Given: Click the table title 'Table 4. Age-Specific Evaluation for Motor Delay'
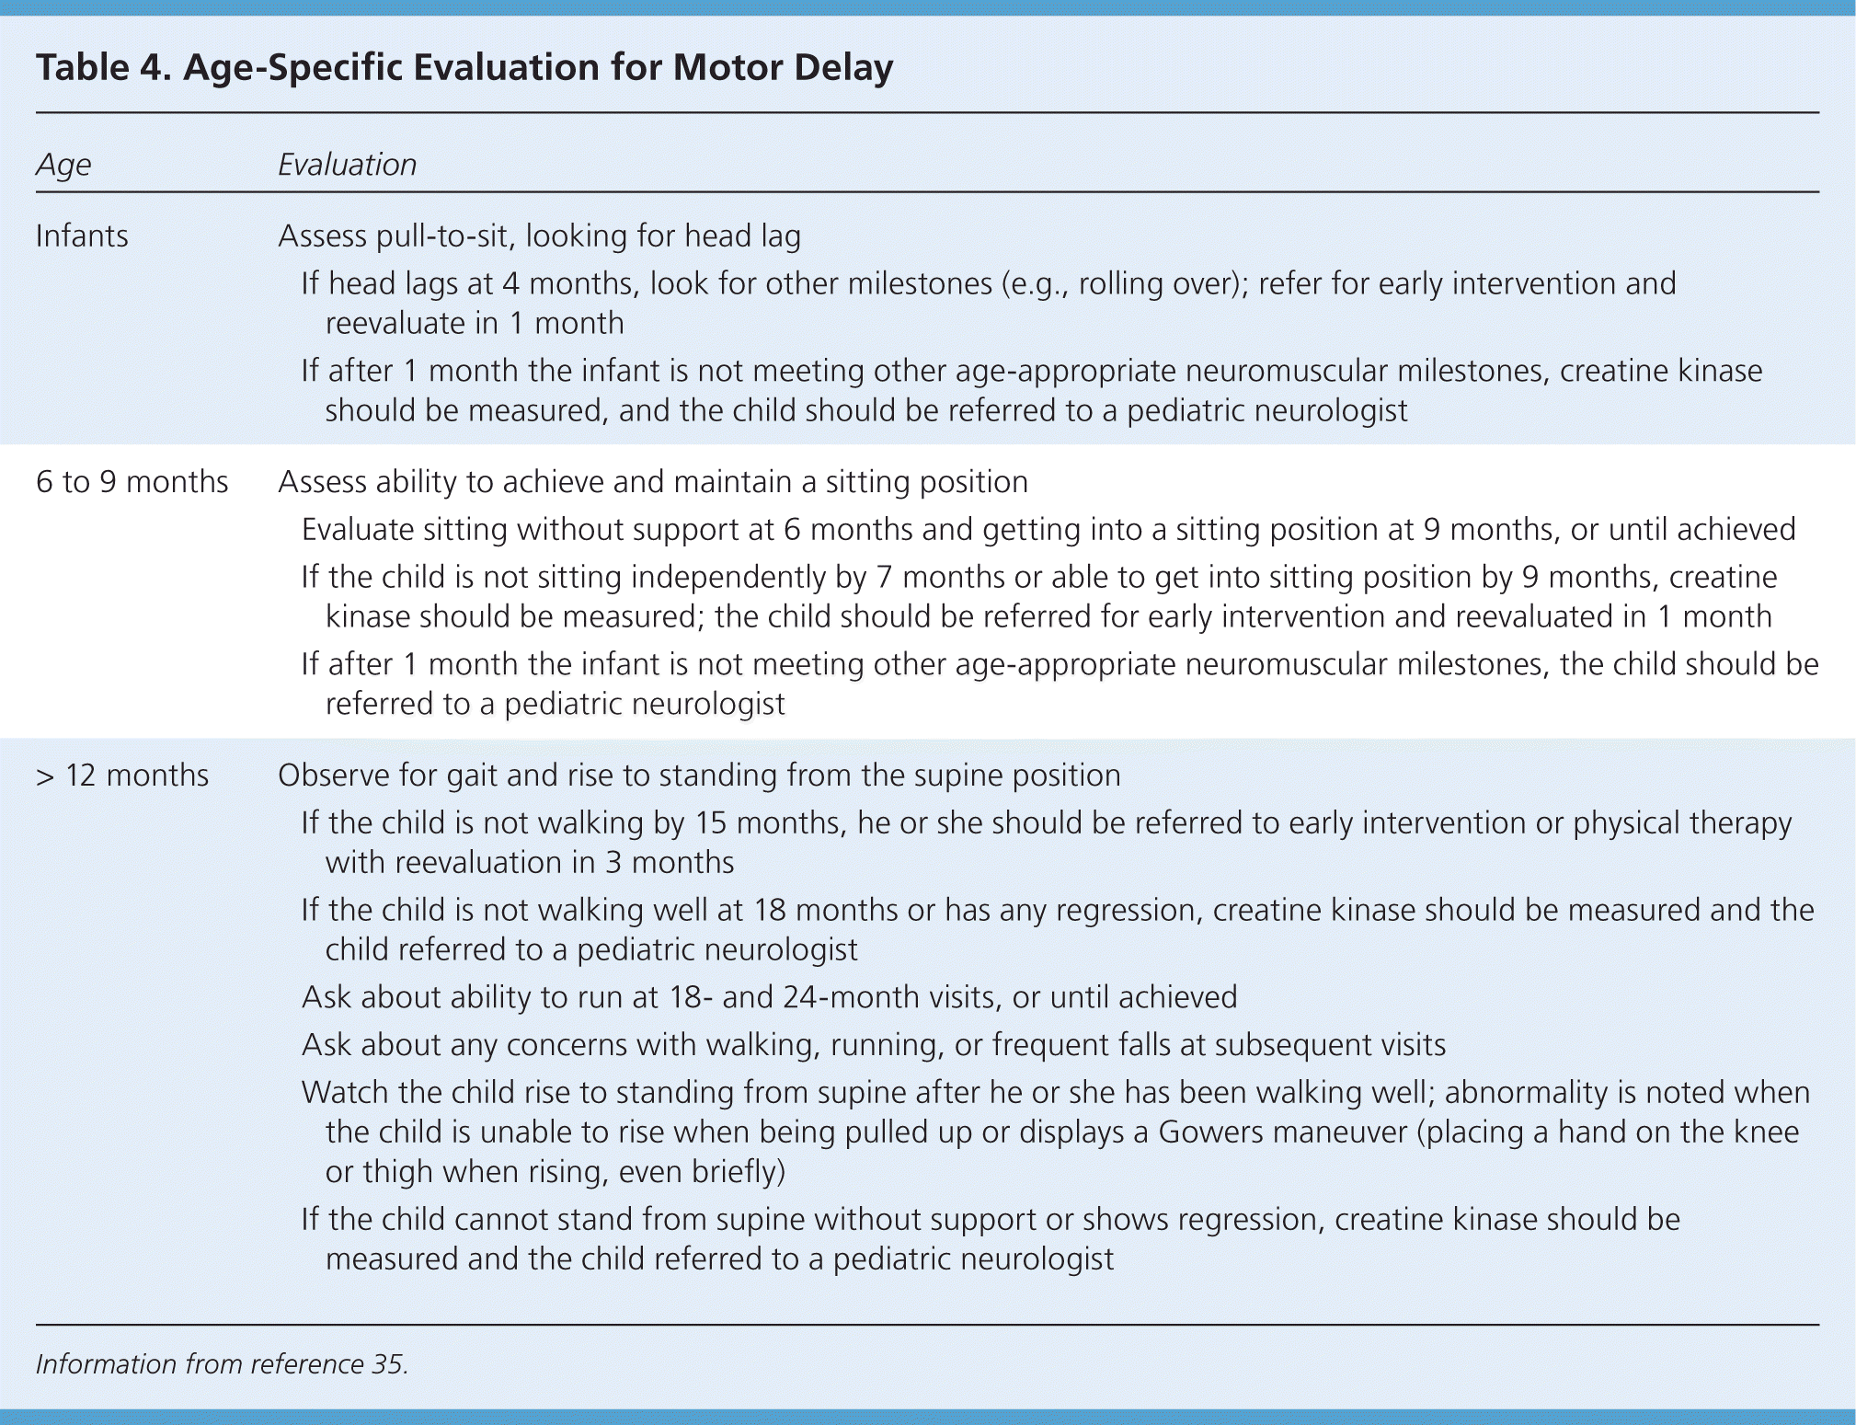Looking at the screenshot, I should tap(464, 67).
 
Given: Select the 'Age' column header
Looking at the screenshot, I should tap(63, 165).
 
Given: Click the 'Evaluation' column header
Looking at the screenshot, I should tap(347, 165).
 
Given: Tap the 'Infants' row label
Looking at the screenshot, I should tap(82, 236).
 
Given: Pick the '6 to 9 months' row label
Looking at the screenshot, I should tap(132, 482).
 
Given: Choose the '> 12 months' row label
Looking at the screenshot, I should tap(122, 776).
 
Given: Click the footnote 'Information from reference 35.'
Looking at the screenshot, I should tap(222, 1363).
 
